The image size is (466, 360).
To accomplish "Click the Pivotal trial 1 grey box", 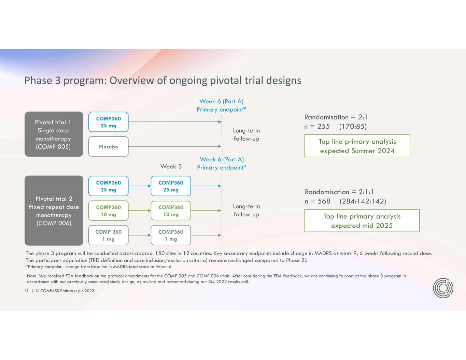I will coord(54,134).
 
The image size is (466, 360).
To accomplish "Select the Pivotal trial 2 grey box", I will coord(54,211).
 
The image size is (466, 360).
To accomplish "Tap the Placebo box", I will coord(108,146).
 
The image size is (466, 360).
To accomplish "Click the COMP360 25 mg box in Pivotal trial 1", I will coord(108,122).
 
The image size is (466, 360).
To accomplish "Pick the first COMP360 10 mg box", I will coord(108,211).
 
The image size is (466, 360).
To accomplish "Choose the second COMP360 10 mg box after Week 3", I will coord(171,211).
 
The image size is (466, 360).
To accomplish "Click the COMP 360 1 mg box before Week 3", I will coord(108,235).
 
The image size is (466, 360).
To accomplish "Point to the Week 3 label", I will coord(171,167).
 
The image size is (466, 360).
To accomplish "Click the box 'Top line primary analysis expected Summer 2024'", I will coord(357,146).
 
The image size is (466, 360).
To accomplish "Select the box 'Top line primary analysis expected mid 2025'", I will coord(362,221).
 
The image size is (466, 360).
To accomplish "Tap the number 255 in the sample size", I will coord(323,127).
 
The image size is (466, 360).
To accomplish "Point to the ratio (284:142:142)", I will coord(363,201).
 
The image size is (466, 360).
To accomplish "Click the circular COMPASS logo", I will coord(443,288).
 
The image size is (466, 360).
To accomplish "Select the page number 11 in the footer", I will coord(26,291).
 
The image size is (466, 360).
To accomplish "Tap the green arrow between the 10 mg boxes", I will coord(140,211).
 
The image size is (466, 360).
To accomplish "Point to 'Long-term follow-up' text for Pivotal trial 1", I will coord(246,134).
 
